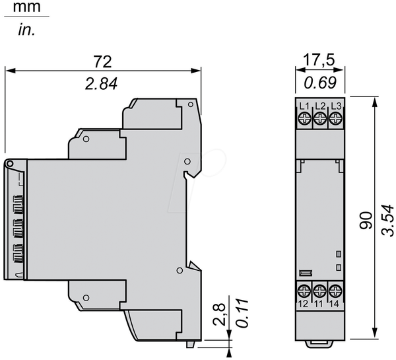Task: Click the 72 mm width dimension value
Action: (102, 61)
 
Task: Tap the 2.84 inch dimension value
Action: (101, 84)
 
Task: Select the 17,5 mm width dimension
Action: (319, 60)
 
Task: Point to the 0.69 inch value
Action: (320, 83)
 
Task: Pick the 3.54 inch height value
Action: (387, 221)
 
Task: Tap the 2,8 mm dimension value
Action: (218, 314)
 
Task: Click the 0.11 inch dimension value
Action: (242, 313)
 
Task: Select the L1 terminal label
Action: (304, 106)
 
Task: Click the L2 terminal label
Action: (320, 106)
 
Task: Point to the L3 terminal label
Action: (336, 106)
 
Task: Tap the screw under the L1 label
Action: (304, 118)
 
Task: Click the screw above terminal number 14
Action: (335, 291)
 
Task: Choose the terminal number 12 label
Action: (303, 304)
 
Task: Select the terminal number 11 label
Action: (319, 304)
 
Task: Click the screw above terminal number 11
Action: (319, 291)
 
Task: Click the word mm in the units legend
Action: (26, 7)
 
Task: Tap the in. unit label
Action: (26, 30)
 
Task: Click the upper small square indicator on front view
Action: (339, 254)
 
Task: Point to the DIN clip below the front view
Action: (320, 344)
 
